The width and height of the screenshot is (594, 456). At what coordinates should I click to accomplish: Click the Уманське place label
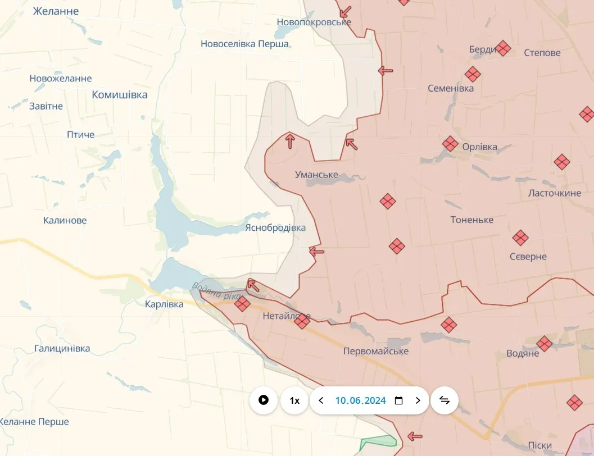pyautogui.click(x=316, y=175)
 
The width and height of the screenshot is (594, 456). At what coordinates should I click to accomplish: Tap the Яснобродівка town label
pyautogui.click(x=275, y=227)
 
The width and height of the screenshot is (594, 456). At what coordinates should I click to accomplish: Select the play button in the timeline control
pyautogui.click(x=264, y=400)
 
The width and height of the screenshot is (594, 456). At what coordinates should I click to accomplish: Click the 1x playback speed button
pyautogui.click(x=294, y=400)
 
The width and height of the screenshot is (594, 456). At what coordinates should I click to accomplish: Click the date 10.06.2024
pyautogui.click(x=360, y=400)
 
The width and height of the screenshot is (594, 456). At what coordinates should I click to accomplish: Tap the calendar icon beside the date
pyautogui.click(x=399, y=400)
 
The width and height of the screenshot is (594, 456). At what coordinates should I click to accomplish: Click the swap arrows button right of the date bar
pyautogui.click(x=445, y=400)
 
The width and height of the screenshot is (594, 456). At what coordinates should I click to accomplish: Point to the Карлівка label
pyautogui.click(x=164, y=304)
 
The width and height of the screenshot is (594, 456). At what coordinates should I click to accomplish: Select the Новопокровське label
pyautogui.click(x=314, y=22)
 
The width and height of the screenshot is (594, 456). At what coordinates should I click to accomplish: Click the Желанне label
pyautogui.click(x=56, y=11)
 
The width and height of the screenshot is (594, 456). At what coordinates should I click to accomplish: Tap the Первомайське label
pyautogui.click(x=376, y=351)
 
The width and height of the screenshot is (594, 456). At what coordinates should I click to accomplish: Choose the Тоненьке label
pyautogui.click(x=472, y=220)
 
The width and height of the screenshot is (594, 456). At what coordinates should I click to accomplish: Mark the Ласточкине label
pyautogui.click(x=555, y=193)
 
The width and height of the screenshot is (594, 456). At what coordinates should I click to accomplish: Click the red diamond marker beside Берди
pyautogui.click(x=503, y=48)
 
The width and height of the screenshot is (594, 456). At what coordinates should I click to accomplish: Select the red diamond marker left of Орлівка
pyautogui.click(x=450, y=144)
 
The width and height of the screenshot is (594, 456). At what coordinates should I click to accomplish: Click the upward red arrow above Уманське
pyautogui.click(x=290, y=141)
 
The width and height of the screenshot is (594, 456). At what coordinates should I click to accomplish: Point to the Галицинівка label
pyautogui.click(x=62, y=348)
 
